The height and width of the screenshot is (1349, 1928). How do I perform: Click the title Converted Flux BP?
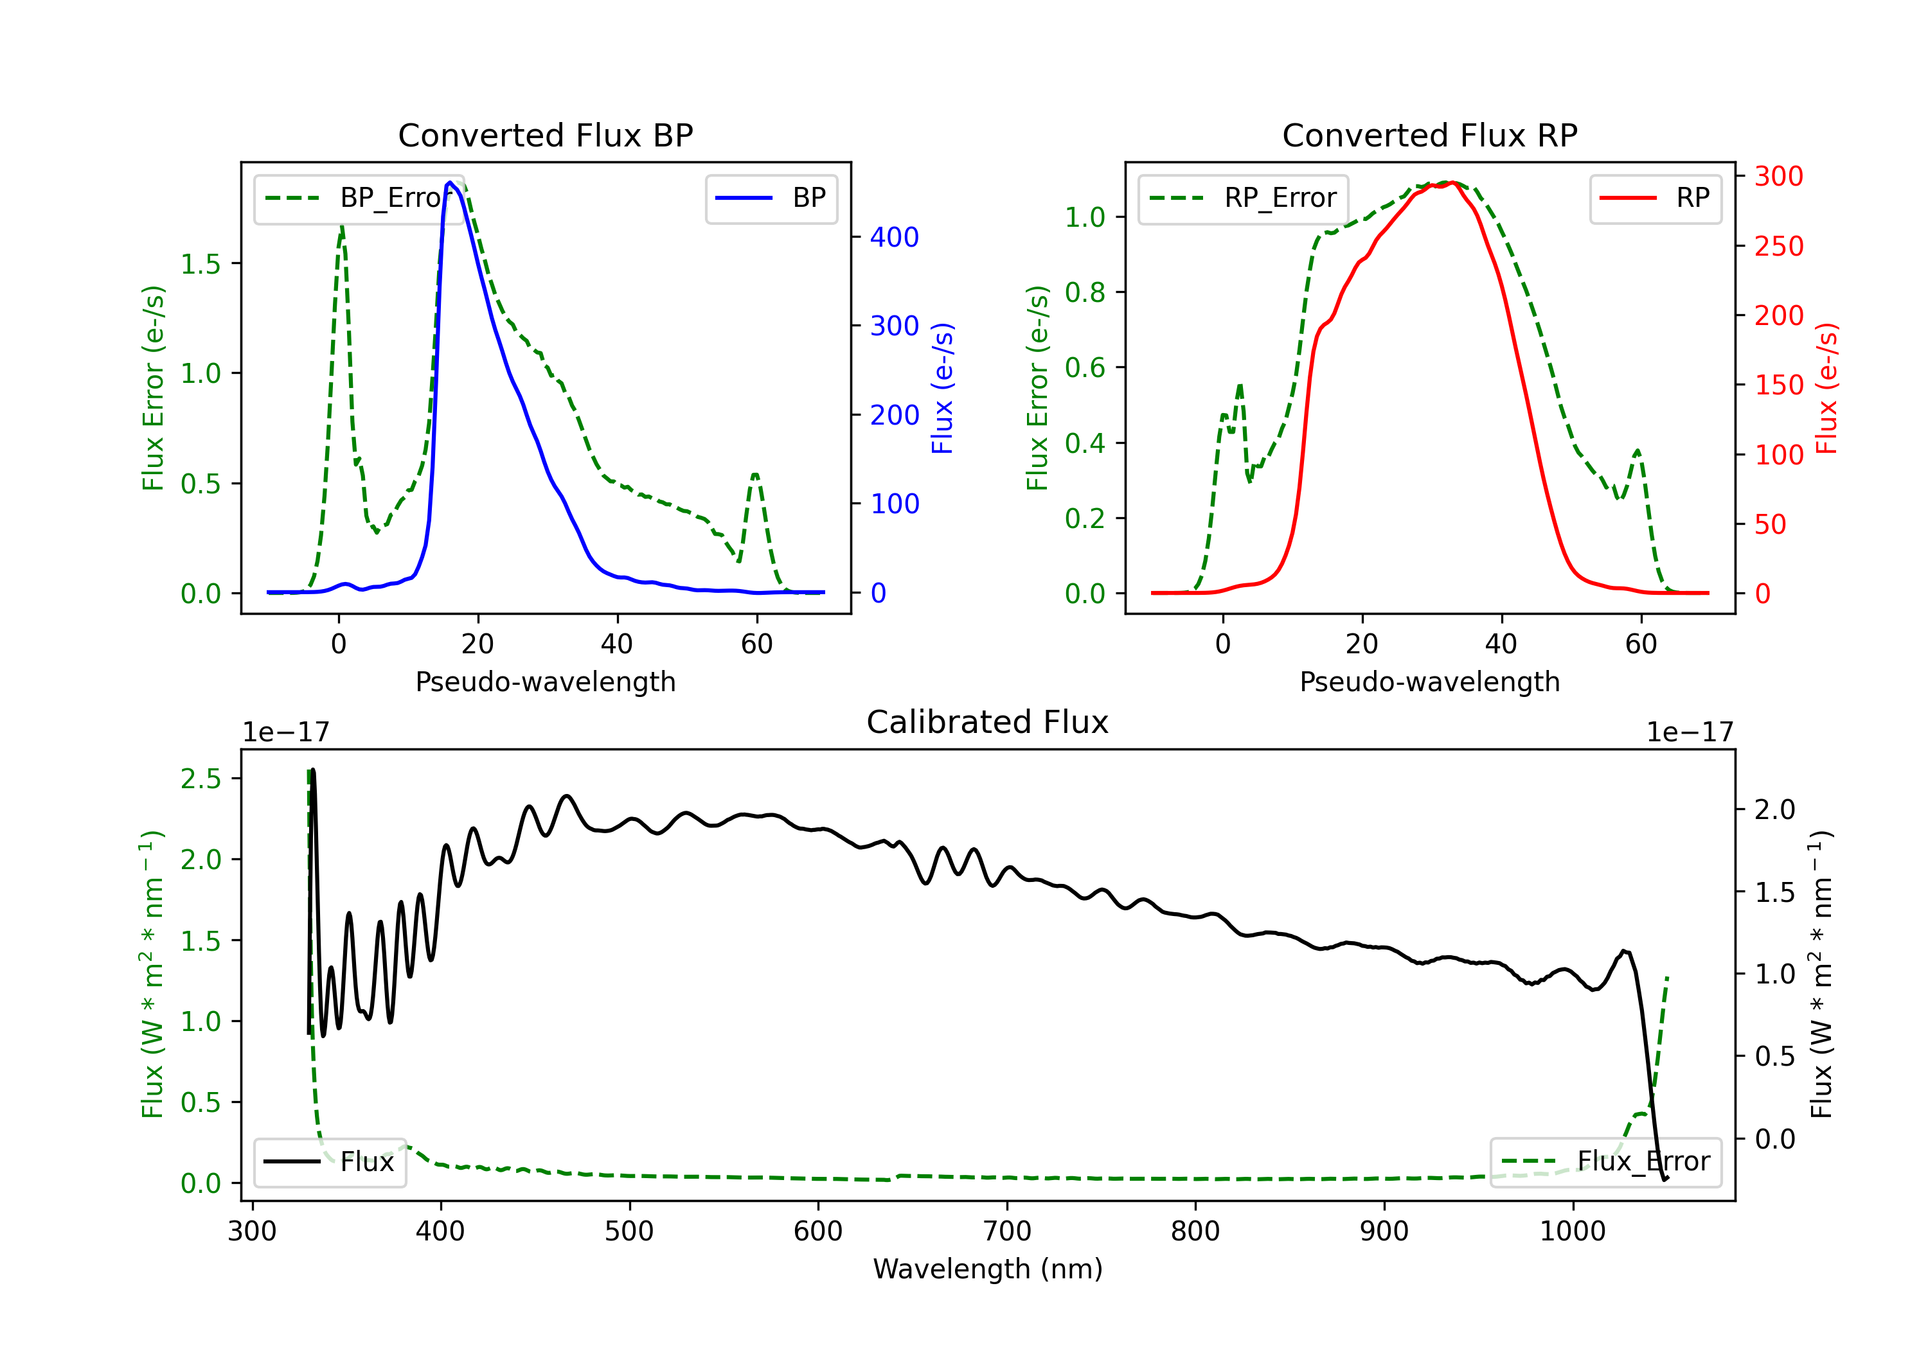click(545, 135)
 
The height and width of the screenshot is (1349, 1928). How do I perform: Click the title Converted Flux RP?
click(1429, 135)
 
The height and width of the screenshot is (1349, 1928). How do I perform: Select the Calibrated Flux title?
click(988, 722)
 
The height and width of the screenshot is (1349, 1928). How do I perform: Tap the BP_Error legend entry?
click(359, 198)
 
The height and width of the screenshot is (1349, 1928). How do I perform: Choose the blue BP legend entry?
click(771, 198)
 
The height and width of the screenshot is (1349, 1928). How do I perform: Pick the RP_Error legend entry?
click(1243, 198)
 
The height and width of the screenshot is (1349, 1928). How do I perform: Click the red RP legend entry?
click(1655, 198)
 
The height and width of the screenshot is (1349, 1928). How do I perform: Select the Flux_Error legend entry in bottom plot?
click(1605, 1162)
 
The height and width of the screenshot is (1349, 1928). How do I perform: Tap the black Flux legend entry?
click(329, 1162)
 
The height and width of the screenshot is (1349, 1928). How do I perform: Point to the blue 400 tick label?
click(895, 237)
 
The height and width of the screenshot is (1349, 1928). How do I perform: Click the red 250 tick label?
click(1778, 246)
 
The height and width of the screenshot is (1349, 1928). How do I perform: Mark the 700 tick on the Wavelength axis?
click(1007, 1231)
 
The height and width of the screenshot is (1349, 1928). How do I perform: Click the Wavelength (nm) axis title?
click(988, 1269)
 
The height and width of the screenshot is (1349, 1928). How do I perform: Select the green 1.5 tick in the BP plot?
click(200, 263)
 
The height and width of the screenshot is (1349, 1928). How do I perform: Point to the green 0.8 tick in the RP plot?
click(1084, 292)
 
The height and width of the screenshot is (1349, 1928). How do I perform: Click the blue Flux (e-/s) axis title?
click(943, 388)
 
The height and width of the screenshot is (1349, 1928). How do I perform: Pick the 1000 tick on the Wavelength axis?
click(1572, 1231)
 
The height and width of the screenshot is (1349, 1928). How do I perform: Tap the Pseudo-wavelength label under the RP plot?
click(1429, 682)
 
